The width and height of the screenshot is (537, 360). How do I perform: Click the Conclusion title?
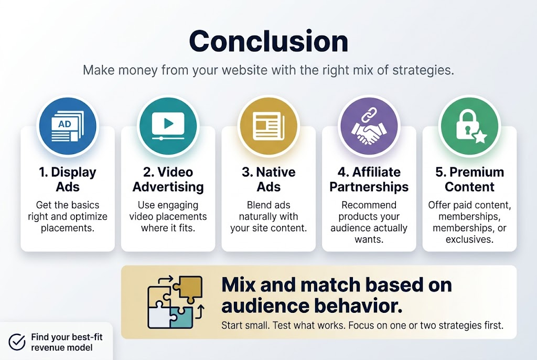pos(268,40)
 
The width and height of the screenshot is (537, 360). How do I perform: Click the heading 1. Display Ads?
pos(67,179)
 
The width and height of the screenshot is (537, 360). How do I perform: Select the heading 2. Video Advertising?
pos(168,179)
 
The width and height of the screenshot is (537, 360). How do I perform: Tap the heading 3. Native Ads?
pos(268,179)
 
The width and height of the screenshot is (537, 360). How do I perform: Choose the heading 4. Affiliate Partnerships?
pos(369,179)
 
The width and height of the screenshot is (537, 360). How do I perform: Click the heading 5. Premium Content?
pos(469,179)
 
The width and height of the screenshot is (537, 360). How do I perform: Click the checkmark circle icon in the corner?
pos(17,342)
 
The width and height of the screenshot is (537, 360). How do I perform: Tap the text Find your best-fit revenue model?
pos(66,342)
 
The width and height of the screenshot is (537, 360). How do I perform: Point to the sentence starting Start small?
pos(362,325)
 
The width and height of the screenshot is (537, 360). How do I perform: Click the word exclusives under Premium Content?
pos(469,239)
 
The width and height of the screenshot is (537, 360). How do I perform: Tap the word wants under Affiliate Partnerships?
pos(368,239)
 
